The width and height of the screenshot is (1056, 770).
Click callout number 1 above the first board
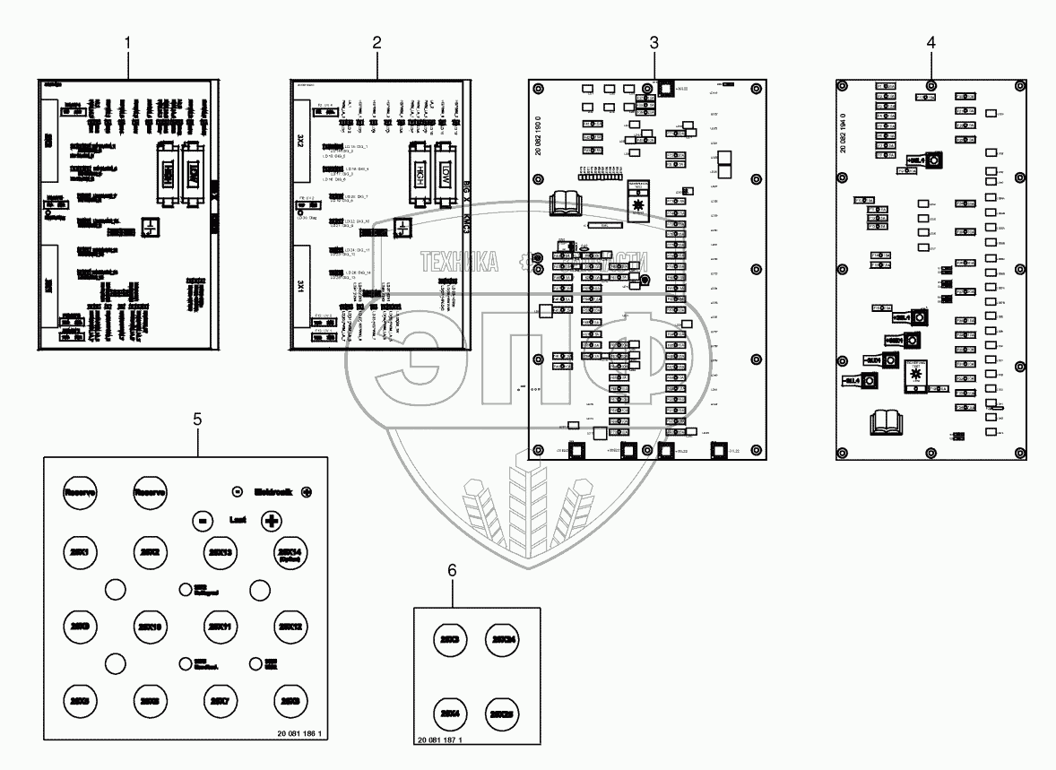click(129, 41)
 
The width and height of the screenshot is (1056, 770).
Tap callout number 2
click(377, 41)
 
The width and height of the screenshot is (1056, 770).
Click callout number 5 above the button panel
click(197, 418)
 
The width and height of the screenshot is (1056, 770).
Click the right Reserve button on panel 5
click(151, 492)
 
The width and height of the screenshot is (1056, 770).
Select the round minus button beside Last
click(203, 520)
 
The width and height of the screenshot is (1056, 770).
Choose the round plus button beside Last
click(270, 520)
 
